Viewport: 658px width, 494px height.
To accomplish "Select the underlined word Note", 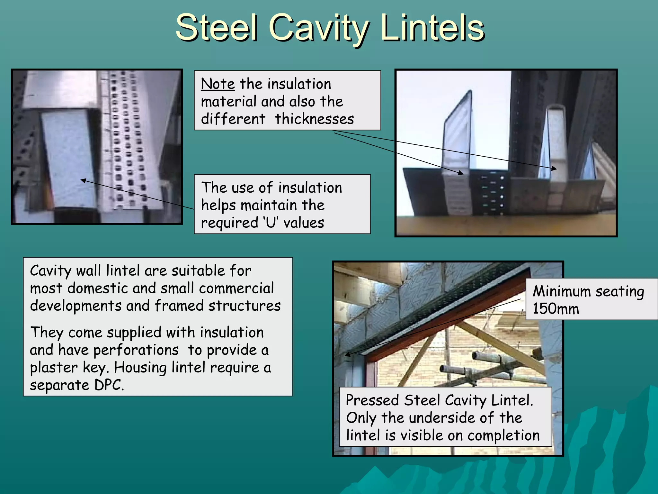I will click(x=218, y=84).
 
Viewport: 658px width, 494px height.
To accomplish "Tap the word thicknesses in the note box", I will click(x=314, y=119).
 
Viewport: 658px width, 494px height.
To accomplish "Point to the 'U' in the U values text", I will click(x=271, y=223).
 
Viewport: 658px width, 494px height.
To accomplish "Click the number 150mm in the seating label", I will click(x=556, y=309).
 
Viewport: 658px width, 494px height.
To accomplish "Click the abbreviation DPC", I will click(x=109, y=385).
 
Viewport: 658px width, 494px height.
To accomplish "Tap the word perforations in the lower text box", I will click(x=136, y=350).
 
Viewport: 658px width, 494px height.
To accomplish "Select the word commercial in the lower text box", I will click(x=236, y=288).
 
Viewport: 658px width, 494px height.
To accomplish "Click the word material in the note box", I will click(x=229, y=102).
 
